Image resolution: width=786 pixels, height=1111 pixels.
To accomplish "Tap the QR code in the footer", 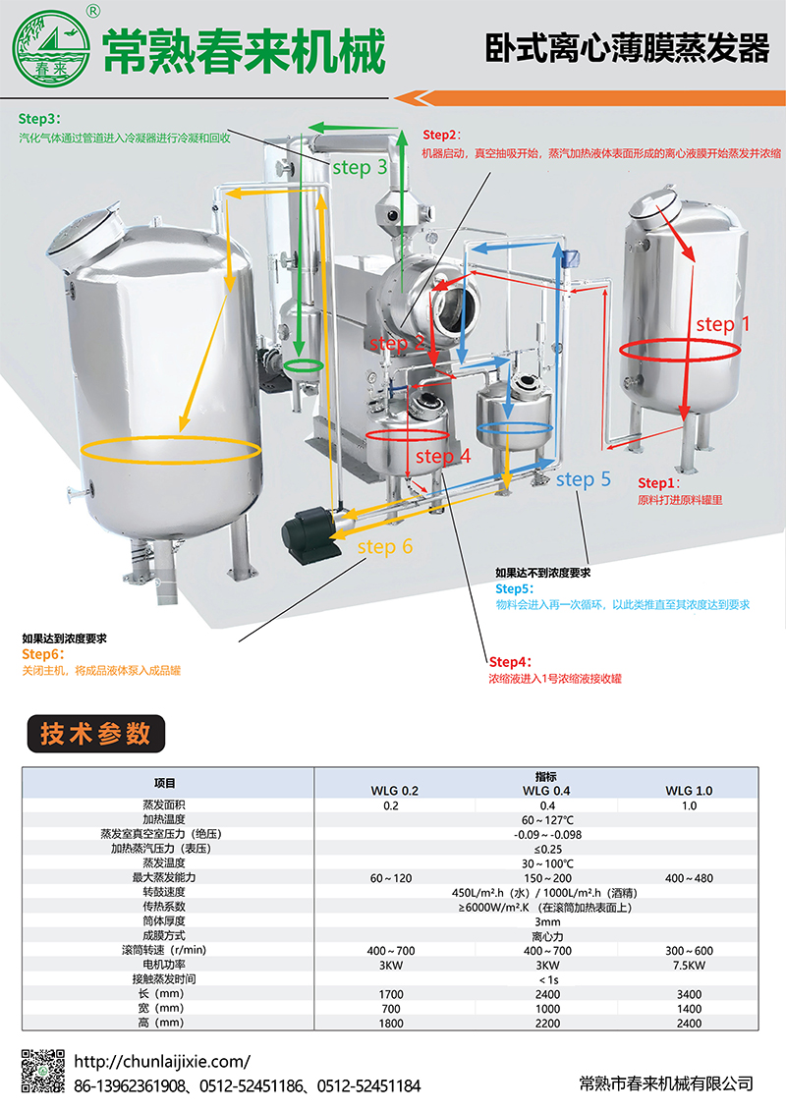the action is tap(42, 1070).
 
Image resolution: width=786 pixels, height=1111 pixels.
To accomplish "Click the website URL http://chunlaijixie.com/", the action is tap(162, 1062).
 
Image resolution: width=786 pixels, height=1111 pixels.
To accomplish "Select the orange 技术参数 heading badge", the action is tap(95, 734).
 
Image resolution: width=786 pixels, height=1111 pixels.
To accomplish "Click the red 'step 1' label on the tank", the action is tap(722, 324).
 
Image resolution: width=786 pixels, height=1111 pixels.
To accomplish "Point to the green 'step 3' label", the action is tap(360, 167).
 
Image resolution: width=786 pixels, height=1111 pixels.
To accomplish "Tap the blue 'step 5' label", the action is tap(583, 479).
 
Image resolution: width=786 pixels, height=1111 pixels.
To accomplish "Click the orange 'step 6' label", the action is tap(385, 546).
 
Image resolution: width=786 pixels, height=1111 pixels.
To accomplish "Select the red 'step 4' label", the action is tap(443, 456).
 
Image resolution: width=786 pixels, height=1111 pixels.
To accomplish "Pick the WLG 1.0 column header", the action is tap(689, 791).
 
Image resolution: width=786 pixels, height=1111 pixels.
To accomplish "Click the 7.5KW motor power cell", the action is tap(689, 965).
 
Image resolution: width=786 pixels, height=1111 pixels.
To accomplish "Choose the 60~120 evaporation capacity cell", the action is tap(390, 878).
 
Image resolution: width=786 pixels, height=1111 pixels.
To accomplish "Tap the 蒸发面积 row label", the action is tap(164, 805).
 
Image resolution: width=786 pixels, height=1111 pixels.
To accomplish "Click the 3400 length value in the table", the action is tap(689, 994).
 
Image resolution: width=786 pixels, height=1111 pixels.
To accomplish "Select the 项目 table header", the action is tap(164, 783).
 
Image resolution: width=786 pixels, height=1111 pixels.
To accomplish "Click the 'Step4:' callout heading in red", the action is tap(510, 662).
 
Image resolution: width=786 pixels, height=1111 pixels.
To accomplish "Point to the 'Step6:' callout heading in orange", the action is tap(42, 654).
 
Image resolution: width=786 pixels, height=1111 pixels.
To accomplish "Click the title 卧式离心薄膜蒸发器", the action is tap(627, 48).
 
